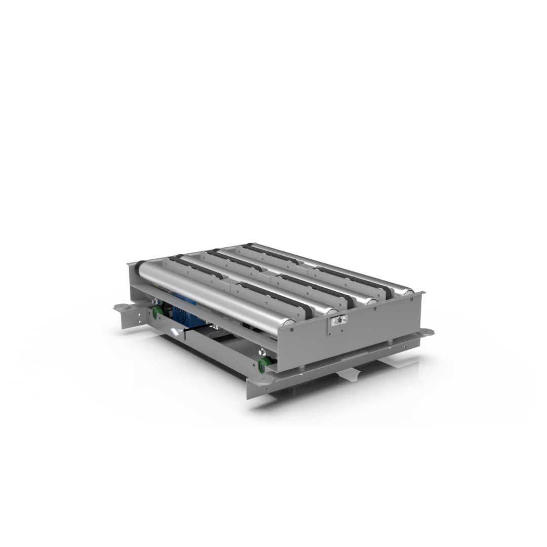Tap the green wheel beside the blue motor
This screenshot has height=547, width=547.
coord(158,312)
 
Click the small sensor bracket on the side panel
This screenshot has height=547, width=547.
coord(338,320)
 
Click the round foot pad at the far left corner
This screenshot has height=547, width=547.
coord(121,306)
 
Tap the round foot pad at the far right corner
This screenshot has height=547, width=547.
coord(427,332)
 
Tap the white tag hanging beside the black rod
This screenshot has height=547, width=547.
coord(175,332)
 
